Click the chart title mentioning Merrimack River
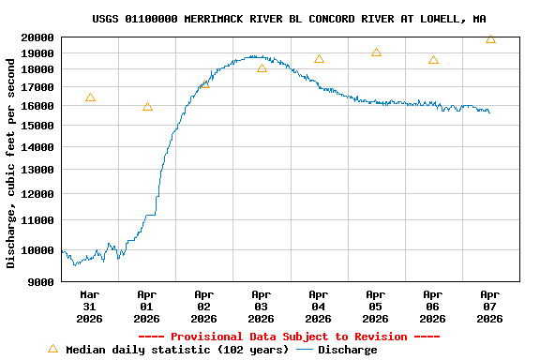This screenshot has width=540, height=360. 289,19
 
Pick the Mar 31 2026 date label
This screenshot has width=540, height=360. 90,306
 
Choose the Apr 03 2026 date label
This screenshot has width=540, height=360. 262,306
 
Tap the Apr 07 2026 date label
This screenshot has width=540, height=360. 490,306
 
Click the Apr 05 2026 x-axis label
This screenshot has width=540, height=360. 376,306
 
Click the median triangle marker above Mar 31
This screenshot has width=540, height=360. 90,97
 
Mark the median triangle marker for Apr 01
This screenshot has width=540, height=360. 147,107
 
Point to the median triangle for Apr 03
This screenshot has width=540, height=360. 262,68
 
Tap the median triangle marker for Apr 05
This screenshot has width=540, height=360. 376,52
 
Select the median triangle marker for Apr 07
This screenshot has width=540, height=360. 490,39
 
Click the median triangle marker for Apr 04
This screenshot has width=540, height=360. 319,59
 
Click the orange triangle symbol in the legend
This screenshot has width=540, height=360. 52,349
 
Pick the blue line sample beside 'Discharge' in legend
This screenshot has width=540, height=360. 304,350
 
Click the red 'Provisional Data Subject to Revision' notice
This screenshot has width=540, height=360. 289,337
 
